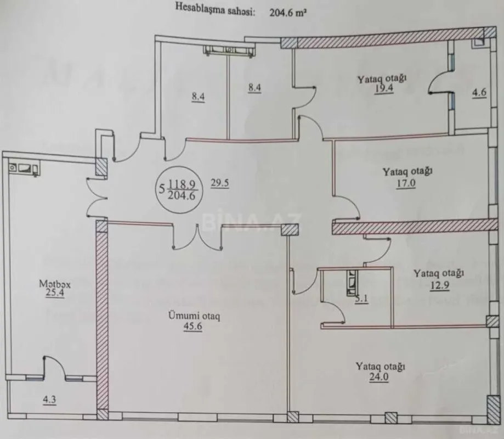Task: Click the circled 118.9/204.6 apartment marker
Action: click(x=178, y=189)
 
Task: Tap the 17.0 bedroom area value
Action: click(x=406, y=184)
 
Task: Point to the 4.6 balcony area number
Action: click(x=479, y=93)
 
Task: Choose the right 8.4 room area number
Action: click(x=254, y=87)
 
